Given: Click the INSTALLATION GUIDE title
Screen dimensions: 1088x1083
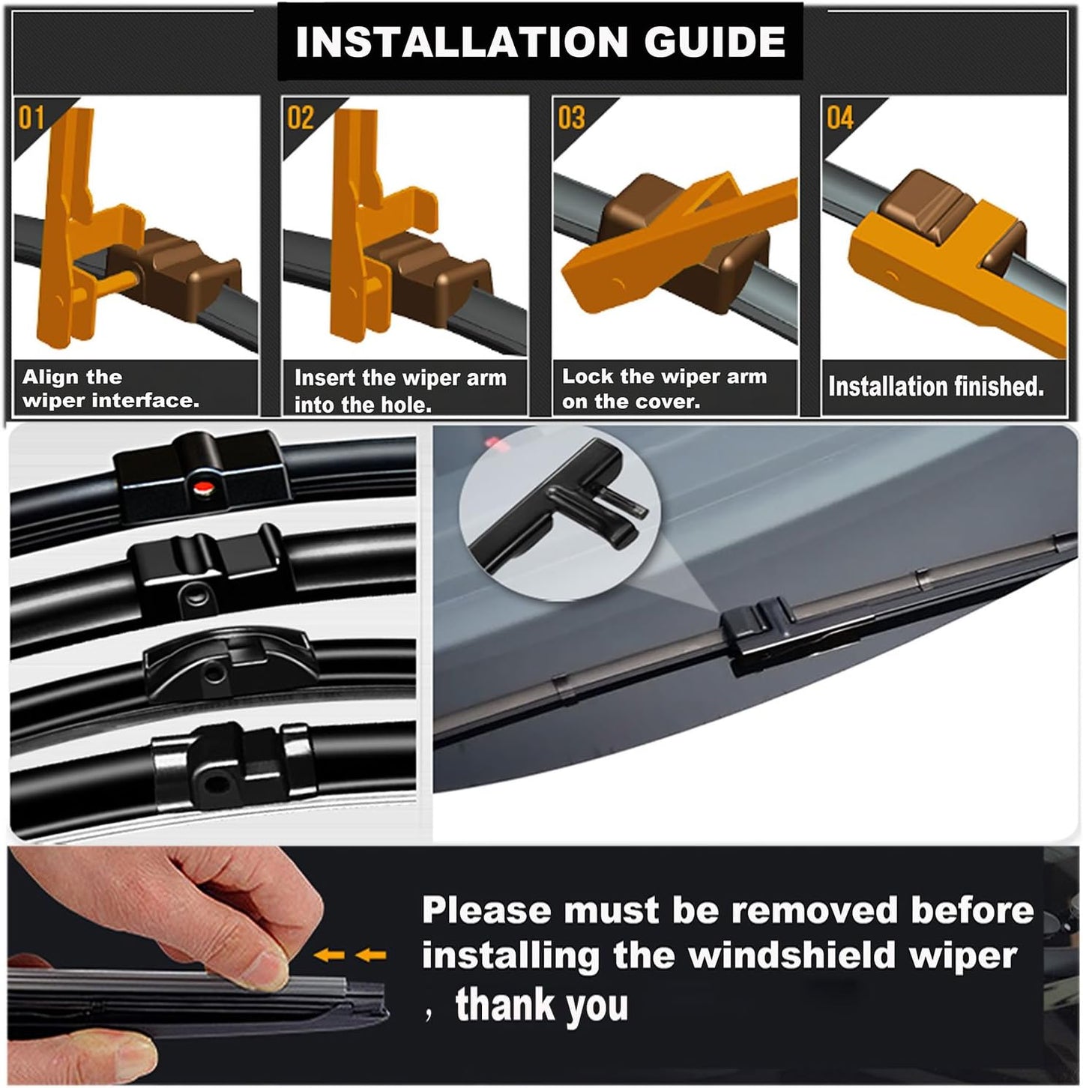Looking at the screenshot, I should pyautogui.click(x=540, y=42).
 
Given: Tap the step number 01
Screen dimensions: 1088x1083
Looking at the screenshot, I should pyautogui.click(x=31, y=118).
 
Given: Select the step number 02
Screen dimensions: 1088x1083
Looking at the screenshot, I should pyautogui.click(x=301, y=118).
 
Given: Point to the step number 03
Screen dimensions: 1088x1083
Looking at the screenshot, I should pyautogui.click(x=571, y=118).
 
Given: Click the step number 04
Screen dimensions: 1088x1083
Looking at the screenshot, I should pyautogui.click(x=839, y=118).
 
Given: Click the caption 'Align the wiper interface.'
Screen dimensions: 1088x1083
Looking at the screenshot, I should pyautogui.click(x=110, y=388).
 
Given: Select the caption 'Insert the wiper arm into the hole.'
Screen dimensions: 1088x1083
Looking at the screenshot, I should pyautogui.click(x=399, y=390).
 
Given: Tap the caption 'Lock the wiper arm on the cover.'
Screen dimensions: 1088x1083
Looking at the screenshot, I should pyautogui.click(x=664, y=388).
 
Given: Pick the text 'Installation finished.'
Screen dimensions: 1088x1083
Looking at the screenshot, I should pyautogui.click(x=935, y=387).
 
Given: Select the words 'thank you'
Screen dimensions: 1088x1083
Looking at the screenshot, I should pyautogui.click(x=541, y=1005).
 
